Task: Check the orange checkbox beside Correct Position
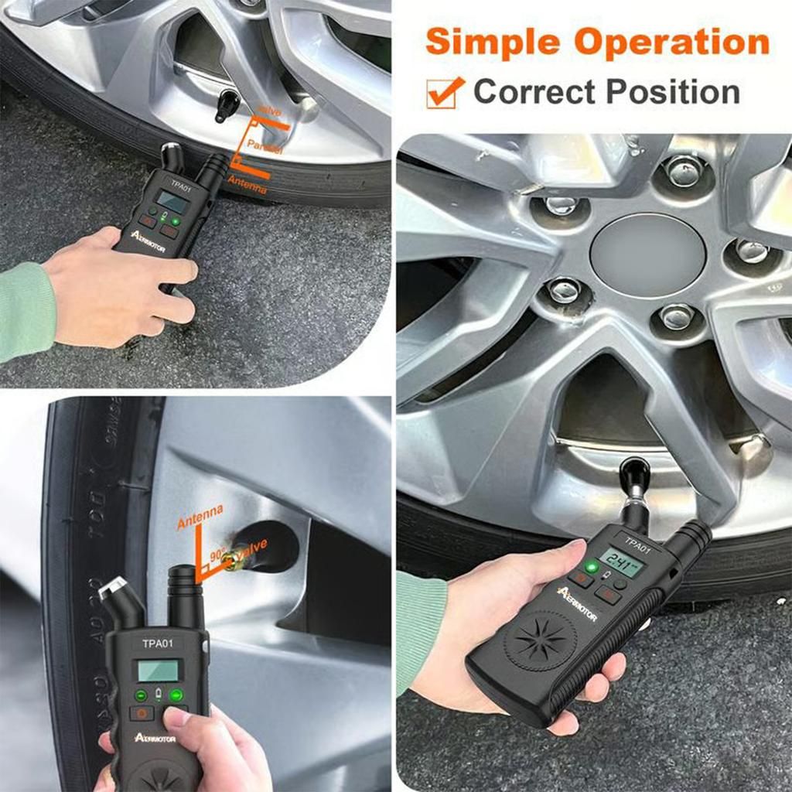point(445,92)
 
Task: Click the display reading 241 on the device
point(623,562)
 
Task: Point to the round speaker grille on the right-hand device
point(541,641)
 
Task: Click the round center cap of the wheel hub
point(648,254)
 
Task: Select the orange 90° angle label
point(218,554)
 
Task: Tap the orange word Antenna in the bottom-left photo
point(200,517)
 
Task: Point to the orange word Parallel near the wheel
point(265,145)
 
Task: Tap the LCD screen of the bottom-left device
point(158,670)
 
